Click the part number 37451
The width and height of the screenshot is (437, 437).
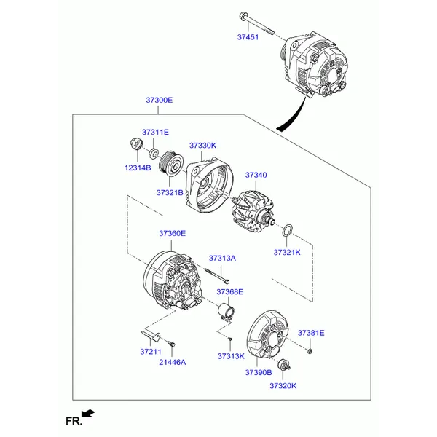click(x=248, y=37)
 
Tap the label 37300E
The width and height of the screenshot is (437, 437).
click(x=159, y=100)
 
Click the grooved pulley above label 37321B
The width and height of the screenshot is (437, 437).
click(x=171, y=162)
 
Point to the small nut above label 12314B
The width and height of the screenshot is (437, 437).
click(x=136, y=143)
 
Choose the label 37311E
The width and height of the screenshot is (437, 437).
click(x=155, y=132)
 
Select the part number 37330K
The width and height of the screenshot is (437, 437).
click(x=202, y=146)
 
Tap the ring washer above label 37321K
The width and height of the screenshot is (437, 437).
click(x=288, y=230)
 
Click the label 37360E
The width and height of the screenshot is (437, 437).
click(x=172, y=233)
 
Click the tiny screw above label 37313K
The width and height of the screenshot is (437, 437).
click(x=230, y=339)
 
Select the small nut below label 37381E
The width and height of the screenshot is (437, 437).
click(x=310, y=351)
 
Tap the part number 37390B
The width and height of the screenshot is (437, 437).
click(x=259, y=373)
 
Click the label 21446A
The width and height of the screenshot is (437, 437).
click(x=172, y=362)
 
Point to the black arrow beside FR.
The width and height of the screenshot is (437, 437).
click(x=88, y=413)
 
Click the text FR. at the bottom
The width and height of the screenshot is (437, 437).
click(x=74, y=421)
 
